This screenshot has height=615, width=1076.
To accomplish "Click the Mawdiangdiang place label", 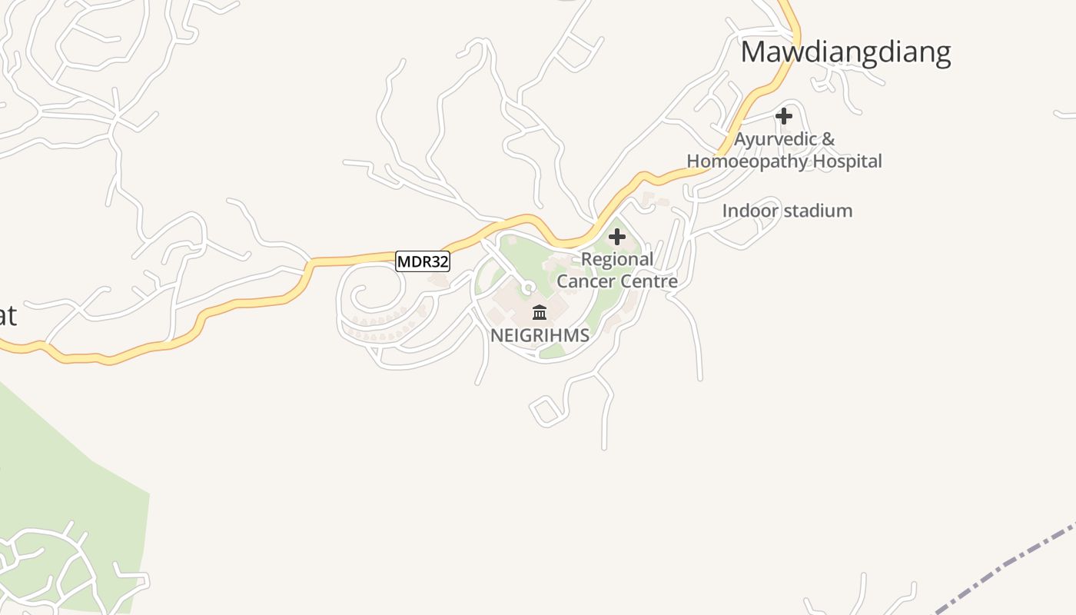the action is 845,52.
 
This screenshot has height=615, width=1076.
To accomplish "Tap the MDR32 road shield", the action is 422,261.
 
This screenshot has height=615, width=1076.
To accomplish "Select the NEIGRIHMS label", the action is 540,335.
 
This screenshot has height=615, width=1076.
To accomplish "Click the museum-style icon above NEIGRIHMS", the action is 540,312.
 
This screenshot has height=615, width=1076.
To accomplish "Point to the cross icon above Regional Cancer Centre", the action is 617,237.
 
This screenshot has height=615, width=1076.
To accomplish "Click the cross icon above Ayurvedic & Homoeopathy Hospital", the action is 784,116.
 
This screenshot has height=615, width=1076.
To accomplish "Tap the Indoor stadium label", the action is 787,211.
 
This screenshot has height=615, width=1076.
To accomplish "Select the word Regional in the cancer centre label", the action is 617,259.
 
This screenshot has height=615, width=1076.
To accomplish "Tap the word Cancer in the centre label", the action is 584,281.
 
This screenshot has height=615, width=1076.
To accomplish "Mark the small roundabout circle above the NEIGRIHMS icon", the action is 527,288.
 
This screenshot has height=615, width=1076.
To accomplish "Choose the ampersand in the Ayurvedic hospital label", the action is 827,140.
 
